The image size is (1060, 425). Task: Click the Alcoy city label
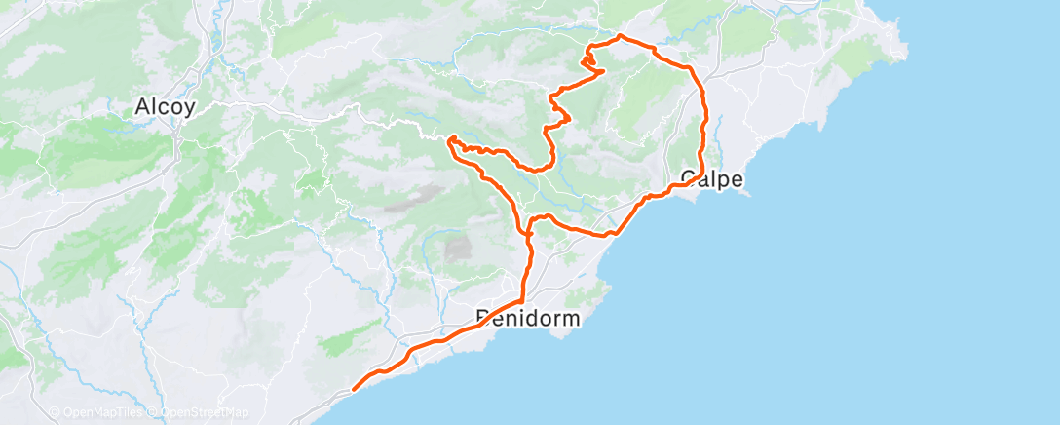(x=165, y=107)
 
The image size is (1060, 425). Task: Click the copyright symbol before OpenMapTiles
(x=55, y=413)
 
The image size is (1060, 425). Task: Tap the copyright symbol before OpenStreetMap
(x=154, y=413)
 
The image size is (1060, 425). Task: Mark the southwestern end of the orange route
(x=353, y=389)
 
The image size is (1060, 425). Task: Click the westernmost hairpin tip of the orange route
(x=450, y=140)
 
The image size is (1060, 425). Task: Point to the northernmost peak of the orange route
(x=622, y=37)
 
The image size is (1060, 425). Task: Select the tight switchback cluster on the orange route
(x=588, y=62)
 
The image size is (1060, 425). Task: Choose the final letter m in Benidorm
(x=571, y=318)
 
